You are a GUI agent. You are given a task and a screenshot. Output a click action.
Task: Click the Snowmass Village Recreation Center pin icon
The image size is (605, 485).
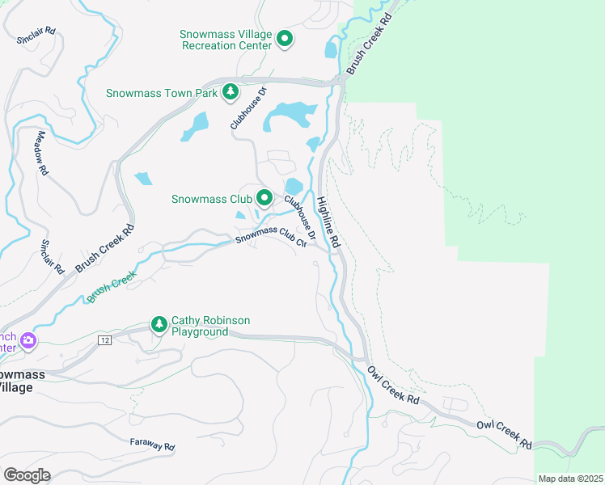[x=285, y=38]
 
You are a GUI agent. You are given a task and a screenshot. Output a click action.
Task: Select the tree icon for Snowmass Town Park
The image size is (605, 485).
[x=231, y=92]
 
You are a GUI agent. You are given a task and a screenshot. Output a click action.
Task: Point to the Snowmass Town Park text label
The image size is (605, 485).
[x=161, y=93]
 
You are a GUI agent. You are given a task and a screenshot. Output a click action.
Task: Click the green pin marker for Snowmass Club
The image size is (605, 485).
[x=264, y=197]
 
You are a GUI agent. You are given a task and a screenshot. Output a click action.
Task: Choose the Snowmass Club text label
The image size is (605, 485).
[x=211, y=198]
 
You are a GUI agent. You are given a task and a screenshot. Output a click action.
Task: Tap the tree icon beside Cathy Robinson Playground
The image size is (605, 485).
[x=159, y=325]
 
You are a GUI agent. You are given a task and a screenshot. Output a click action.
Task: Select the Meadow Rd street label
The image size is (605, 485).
[x=41, y=154]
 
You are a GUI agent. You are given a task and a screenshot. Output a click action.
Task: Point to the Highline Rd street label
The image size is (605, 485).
[x=328, y=223]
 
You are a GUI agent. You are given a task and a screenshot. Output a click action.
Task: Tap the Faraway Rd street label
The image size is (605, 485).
[x=152, y=444]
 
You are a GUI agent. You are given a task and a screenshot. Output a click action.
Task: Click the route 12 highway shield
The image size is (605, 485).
[x=105, y=340]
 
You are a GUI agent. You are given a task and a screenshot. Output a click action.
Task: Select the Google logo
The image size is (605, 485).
[x=27, y=474]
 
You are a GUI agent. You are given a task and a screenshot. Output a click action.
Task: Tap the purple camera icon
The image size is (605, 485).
[x=28, y=340]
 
